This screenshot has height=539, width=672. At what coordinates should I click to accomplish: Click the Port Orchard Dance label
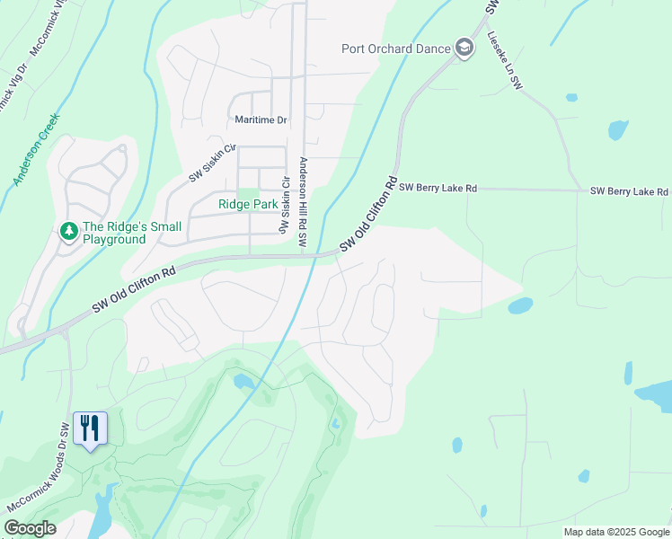(395, 49)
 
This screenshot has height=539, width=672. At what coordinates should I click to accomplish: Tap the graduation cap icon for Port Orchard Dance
(464, 48)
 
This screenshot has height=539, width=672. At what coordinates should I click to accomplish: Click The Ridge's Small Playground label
(114, 233)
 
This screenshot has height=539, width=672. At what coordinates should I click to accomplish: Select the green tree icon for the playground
(68, 232)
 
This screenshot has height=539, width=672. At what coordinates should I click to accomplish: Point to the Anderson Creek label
(36, 150)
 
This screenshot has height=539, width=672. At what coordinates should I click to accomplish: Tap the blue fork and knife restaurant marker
(89, 429)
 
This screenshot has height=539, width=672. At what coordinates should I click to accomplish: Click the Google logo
(30, 528)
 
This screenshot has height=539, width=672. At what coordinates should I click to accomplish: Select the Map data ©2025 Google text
(616, 532)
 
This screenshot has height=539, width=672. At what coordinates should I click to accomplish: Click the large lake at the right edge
(655, 393)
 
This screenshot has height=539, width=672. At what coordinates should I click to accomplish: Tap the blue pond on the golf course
(243, 383)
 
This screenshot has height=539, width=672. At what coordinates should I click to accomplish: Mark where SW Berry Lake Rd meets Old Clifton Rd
(394, 188)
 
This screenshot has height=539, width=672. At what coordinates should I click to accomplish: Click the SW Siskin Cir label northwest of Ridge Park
(212, 163)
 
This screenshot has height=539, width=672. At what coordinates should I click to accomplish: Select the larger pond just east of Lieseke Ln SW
(618, 130)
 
